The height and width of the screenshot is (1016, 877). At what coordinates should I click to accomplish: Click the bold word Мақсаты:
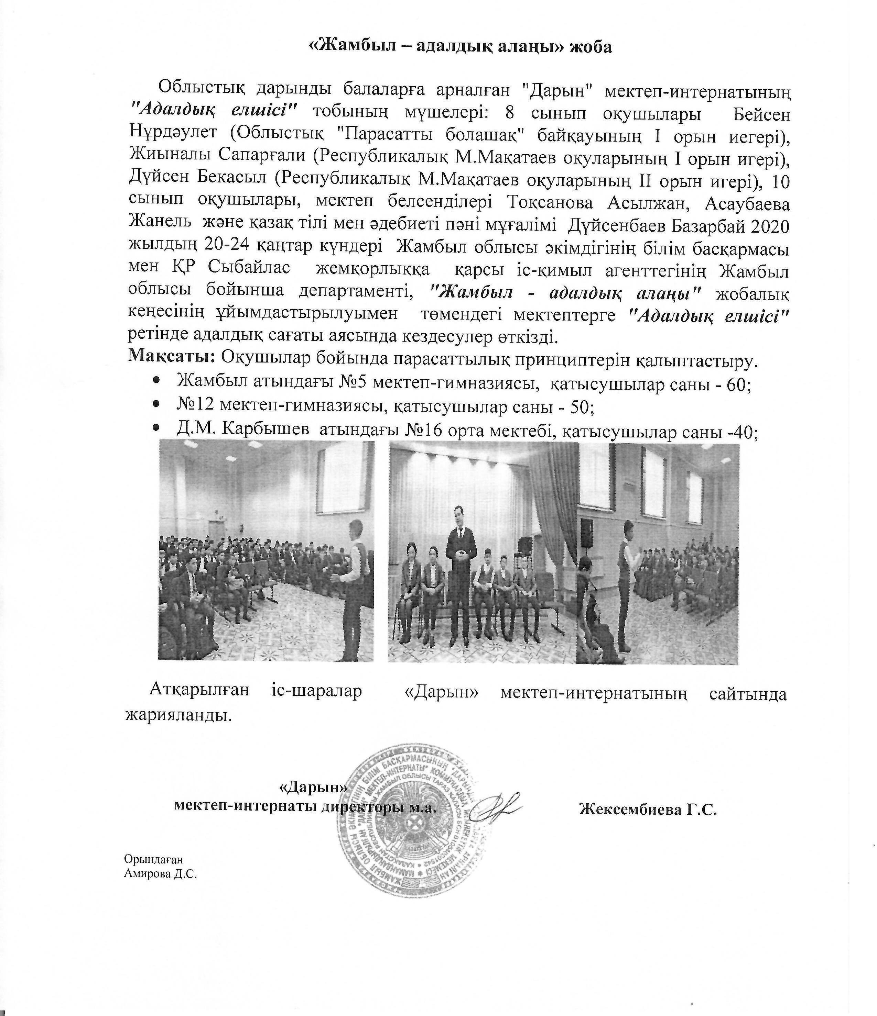(x=171, y=357)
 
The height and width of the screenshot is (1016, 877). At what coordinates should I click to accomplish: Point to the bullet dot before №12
(x=156, y=405)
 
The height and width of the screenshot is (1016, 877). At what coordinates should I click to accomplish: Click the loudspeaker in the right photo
(x=586, y=533)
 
